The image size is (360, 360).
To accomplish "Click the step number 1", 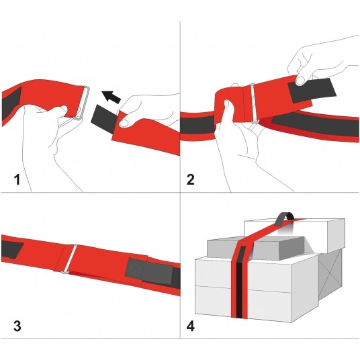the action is click(x=17, y=179).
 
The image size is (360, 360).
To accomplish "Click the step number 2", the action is click(x=191, y=179).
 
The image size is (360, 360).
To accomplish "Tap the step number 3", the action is click(x=17, y=326).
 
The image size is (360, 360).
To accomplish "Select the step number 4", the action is click(x=191, y=326).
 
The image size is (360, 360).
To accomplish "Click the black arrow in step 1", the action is click(x=111, y=97).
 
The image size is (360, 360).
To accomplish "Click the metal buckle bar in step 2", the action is click(x=253, y=104).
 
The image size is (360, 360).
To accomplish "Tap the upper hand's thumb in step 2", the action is click(x=301, y=79).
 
